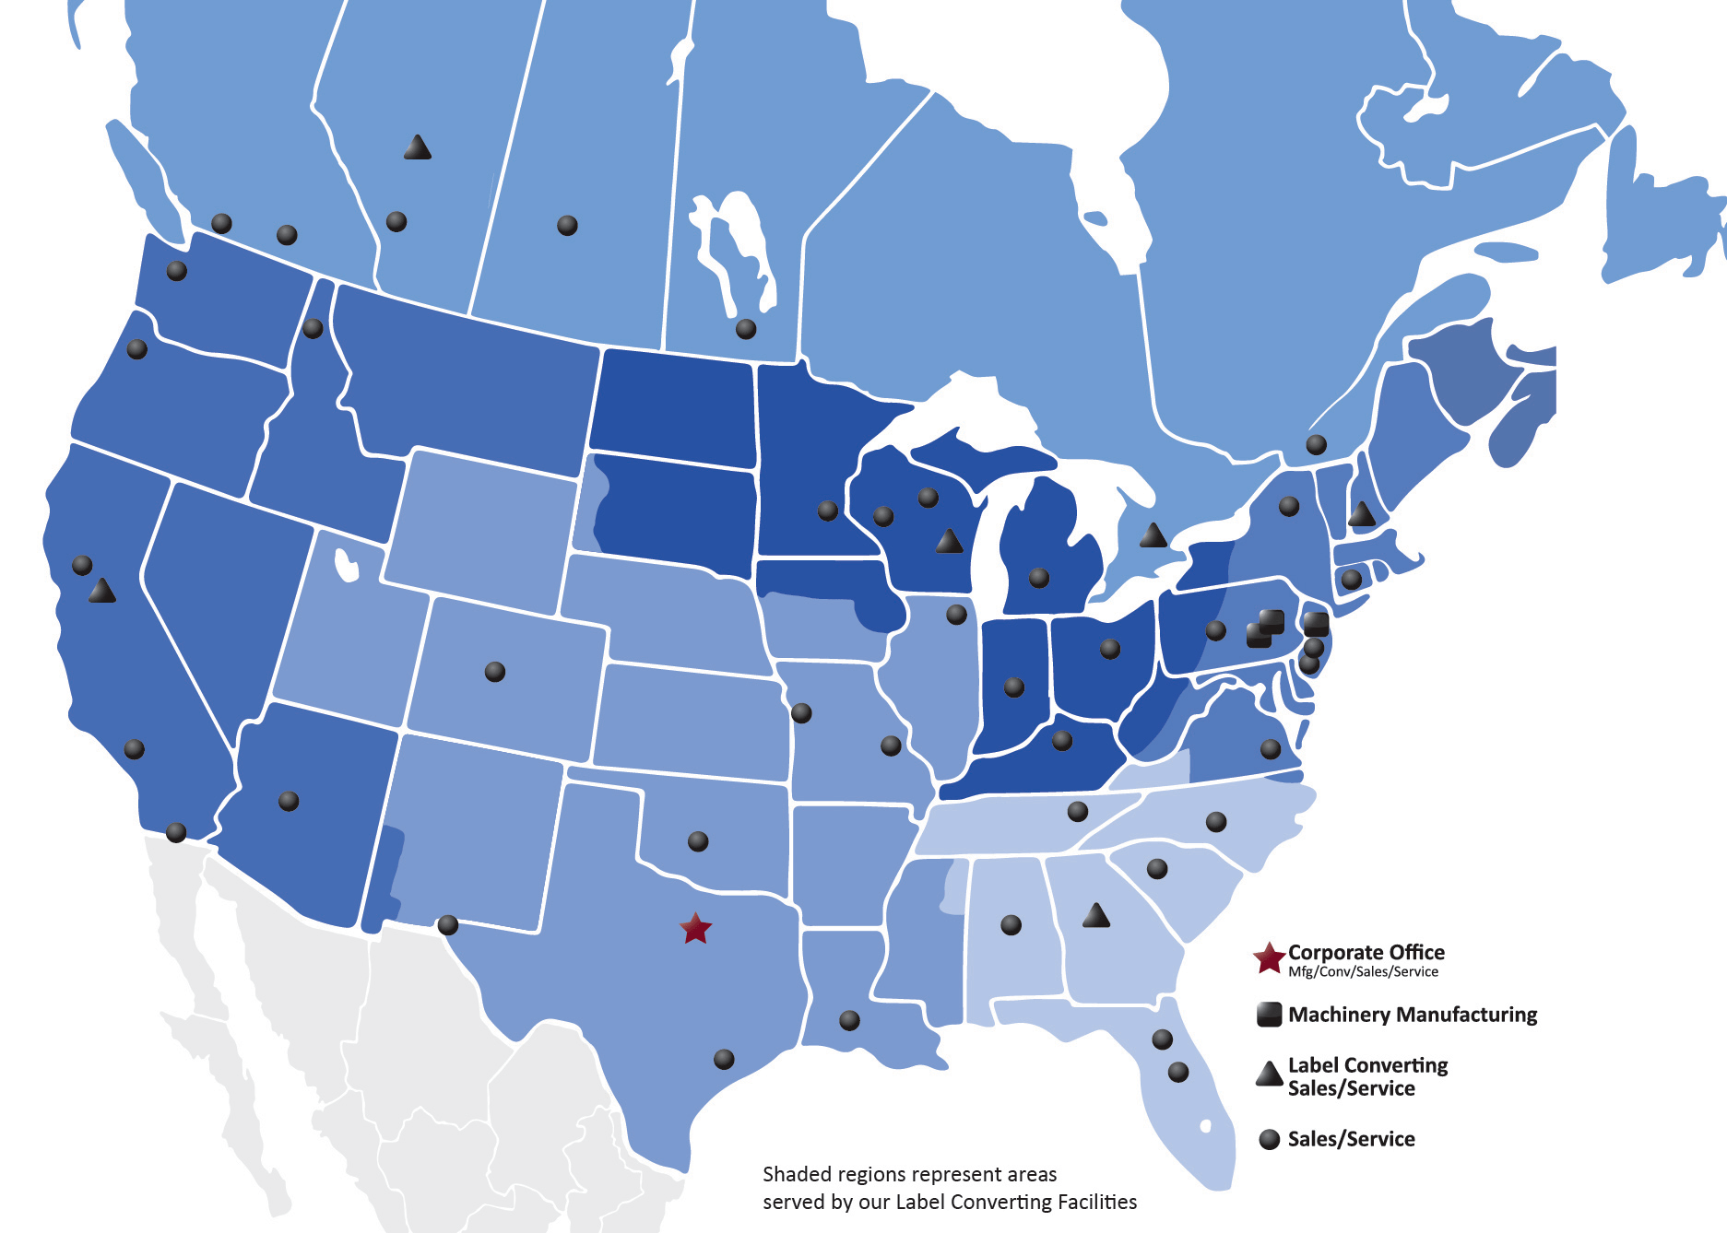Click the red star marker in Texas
click(x=695, y=928)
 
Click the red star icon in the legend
click(x=1269, y=958)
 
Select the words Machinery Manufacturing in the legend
click(x=1412, y=1015)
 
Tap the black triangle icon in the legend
click(x=1270, y=1074)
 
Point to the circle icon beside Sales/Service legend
click(x=1270, y=1139)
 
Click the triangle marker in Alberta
click(x=418, y=147)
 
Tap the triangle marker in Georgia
click(x=1095, y=916)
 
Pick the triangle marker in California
click(x=102, y=592)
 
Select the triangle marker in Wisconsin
click(x=949, y=542)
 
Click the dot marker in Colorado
click(x=495, y=671)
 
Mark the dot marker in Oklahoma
click(x=698, y=840)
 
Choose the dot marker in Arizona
click(x=289, y=801)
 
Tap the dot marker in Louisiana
click(x=849, y=1020)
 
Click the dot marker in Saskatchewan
click(x=567, y=225)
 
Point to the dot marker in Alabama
click(x=1011, y=924)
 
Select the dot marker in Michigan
click(x=1039, y=578)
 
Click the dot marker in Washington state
click(x=176, y=271)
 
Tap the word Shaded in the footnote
click(x=793, y=1175)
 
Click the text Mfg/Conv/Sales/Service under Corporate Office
click(x=1363, y=972)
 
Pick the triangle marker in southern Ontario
click(x=1153, y=535)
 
